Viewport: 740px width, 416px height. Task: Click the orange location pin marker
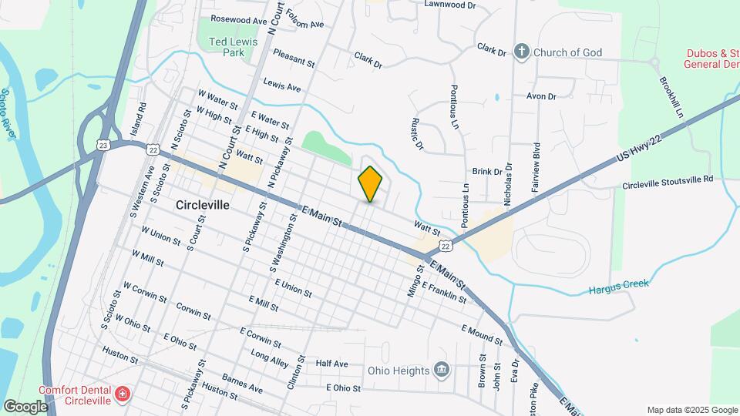pos(371,184)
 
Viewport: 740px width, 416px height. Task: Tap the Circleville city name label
pos(203,206)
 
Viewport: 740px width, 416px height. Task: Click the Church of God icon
pos(521,52)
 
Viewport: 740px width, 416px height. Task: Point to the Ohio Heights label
pos(398,371)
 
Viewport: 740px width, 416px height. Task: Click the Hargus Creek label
pos(619,287)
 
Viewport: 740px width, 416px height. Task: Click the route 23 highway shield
pos(103,144)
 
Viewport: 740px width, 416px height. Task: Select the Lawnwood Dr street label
pos(451,4)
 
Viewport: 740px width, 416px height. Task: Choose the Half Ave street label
pos(332,364)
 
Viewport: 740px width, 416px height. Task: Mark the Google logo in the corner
pos(25,406)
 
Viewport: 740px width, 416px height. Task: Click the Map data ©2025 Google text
pos(691,409)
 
